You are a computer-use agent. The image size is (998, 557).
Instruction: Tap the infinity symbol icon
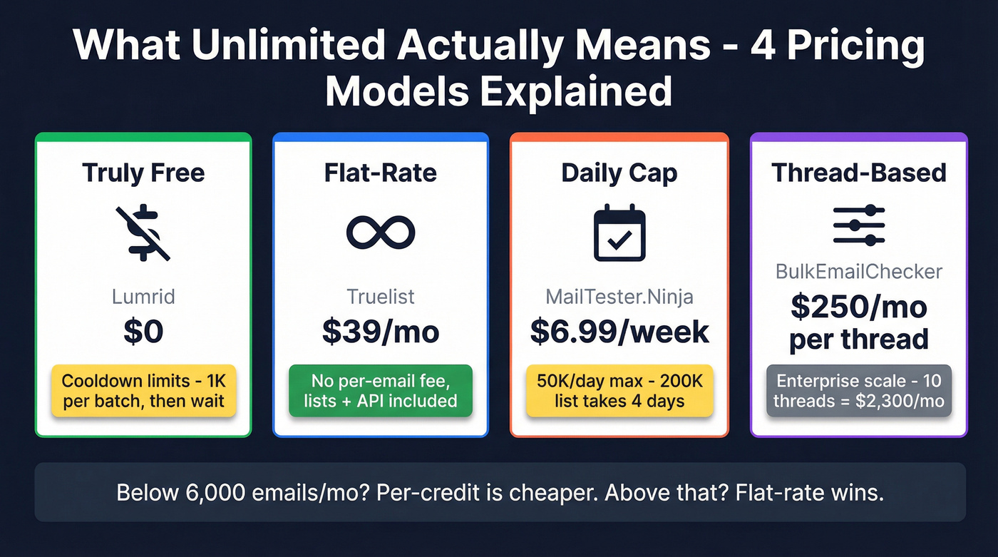pos(381,232)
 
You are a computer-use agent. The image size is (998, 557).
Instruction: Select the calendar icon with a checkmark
pos(619,233)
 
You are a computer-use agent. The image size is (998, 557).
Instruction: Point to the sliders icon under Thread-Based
pos(859,226)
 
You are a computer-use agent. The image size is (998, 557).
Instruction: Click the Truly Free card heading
pos(143,173)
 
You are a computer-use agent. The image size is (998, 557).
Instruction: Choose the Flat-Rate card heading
pos(381,173)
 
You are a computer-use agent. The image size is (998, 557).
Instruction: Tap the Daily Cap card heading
pos(619,173)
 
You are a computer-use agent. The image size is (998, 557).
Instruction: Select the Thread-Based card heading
pos(859,173)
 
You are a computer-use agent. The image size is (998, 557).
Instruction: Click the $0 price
pos(143,331)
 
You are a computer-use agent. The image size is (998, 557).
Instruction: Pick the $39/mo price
pos(381,331)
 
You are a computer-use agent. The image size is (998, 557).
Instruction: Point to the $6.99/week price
pos(619,331)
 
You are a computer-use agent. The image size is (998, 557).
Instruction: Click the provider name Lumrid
pos(143,296)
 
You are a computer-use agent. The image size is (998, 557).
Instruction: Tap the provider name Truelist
pos(381,296)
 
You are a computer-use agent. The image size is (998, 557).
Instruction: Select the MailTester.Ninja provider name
pos(619,296)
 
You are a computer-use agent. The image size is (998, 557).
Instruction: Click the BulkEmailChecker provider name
pos(859,272)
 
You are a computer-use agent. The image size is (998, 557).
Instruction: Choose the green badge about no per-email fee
pos(381,390)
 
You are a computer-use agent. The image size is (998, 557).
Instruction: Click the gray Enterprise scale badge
pos(859,390)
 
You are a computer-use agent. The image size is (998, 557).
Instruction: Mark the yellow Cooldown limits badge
pos(143,390)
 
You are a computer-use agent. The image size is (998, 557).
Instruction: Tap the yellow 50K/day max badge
pos(619,390)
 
